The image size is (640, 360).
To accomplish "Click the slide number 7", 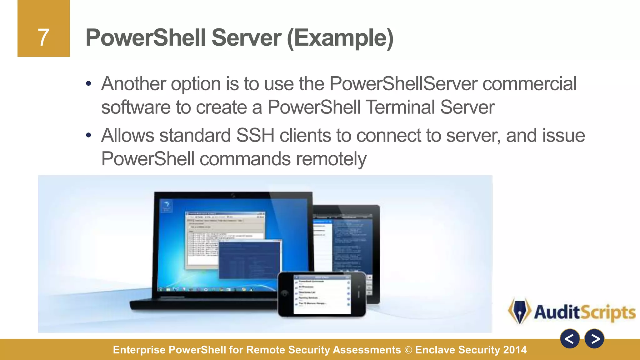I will point(43,37).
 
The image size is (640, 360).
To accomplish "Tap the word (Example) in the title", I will point(340,38).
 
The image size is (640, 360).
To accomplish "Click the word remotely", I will point(331,159).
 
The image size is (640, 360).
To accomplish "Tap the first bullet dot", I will point(89,84).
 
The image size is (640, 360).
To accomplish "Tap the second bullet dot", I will point(89,135).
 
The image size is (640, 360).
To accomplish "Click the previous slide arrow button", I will point(570,339).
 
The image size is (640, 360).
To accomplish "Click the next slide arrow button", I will point(594,339).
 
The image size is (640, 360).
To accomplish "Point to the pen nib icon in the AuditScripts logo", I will point(519,311).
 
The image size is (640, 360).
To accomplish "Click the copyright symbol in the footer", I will point(408,350).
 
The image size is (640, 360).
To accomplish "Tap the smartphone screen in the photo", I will point(322,294).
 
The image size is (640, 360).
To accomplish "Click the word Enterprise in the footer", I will point(139,350).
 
